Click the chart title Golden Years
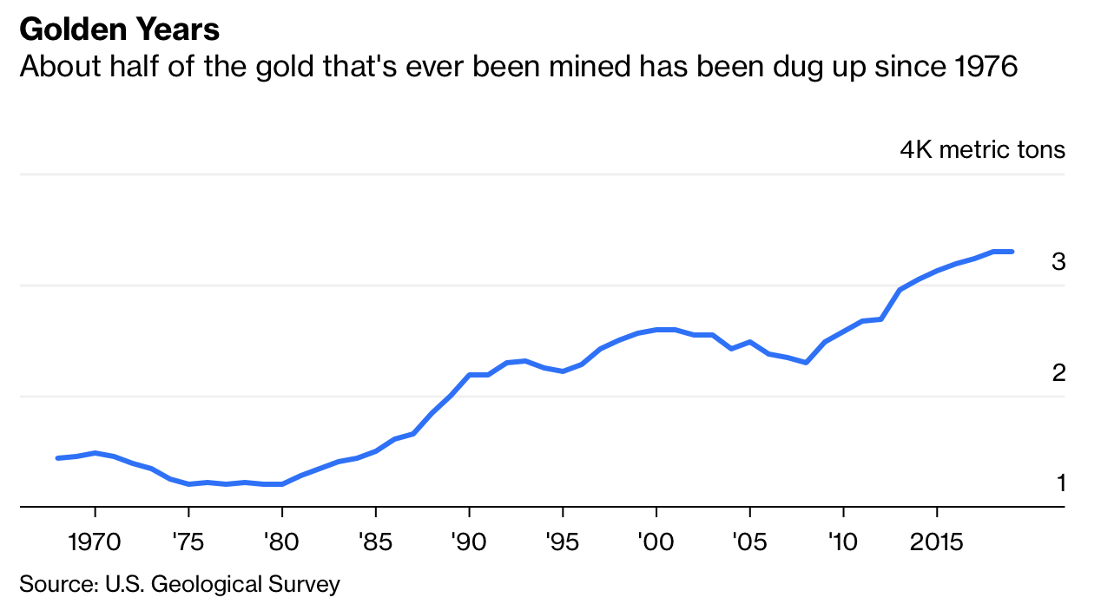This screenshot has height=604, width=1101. (x=120, y=30)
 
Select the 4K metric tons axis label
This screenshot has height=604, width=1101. (x=982, y=149)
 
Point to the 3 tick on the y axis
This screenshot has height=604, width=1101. (x=1058, y=261)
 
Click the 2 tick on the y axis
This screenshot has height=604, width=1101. (x=1058, y=373)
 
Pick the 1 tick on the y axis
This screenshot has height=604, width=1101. (x=1060, y=483)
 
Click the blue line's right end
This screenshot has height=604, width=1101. (x=1012, y=252)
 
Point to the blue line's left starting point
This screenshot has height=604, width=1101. (x=57, y=458)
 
